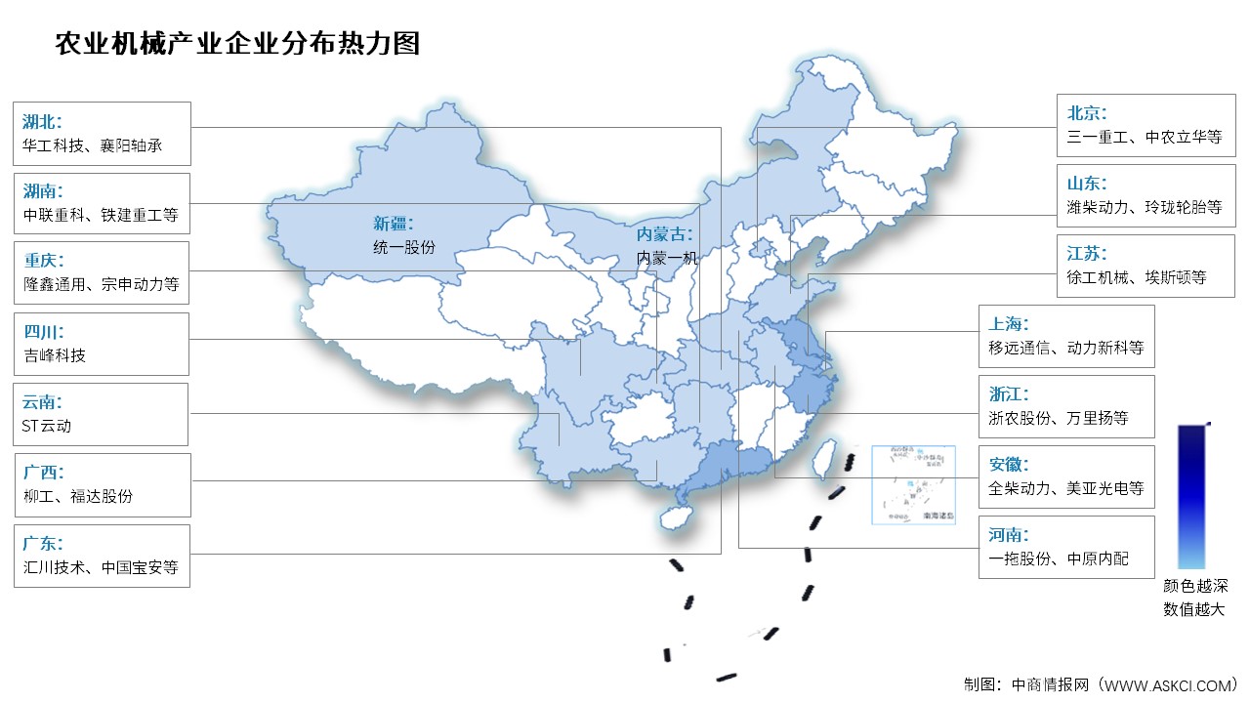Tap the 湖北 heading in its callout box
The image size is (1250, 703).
point(42,122)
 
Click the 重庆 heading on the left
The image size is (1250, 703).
point(42,260)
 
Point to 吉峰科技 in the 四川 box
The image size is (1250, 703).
point(54,355)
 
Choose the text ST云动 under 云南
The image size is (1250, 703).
point(46,426)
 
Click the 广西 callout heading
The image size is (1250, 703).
point(42,473)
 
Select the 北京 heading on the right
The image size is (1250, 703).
point(1087,113)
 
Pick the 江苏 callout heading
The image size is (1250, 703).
point(1087,254)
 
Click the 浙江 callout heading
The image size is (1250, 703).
point(1008,394)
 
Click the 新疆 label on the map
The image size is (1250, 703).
point(393,223)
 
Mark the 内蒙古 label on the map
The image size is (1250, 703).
point(665,235)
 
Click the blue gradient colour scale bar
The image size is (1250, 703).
point(1191,496)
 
